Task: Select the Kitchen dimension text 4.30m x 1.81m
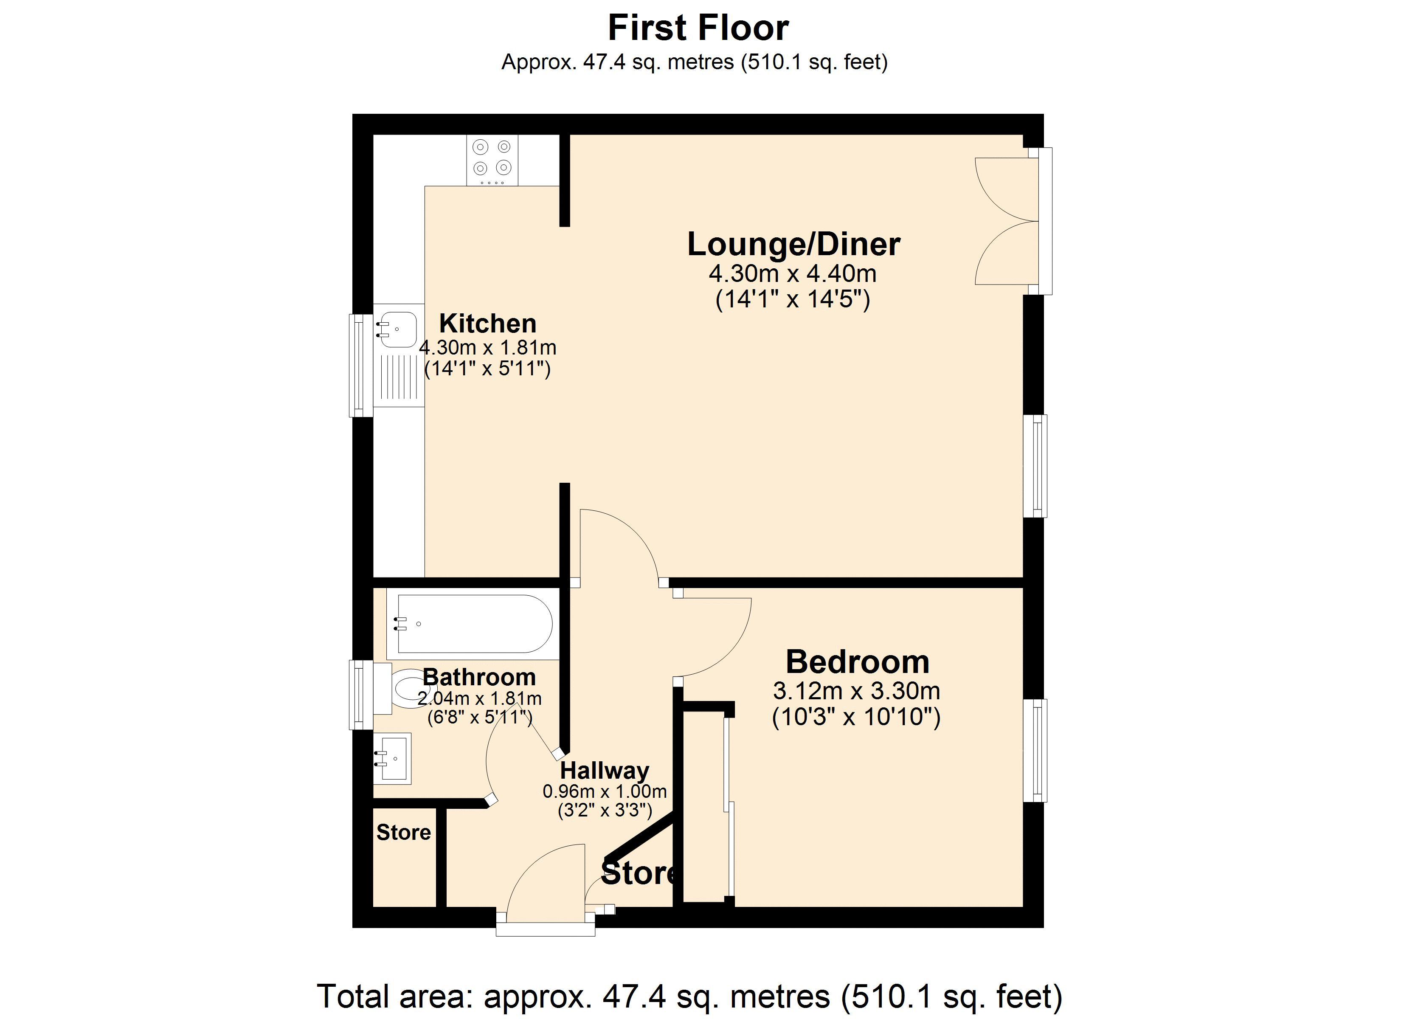click(x=487, y=348)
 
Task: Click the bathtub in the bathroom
click(x=474, y=624)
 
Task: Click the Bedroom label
click(x=858, y=662)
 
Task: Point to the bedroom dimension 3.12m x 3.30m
click(x=856, y=690)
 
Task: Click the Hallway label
click(x=604, y=771)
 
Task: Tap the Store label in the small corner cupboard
click(x=403, y=832)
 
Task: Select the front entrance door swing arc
click(x=543, y=878)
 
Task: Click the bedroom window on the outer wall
click(x=1035, y=750)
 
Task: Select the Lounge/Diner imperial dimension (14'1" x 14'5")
click(x=793, y=300)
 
